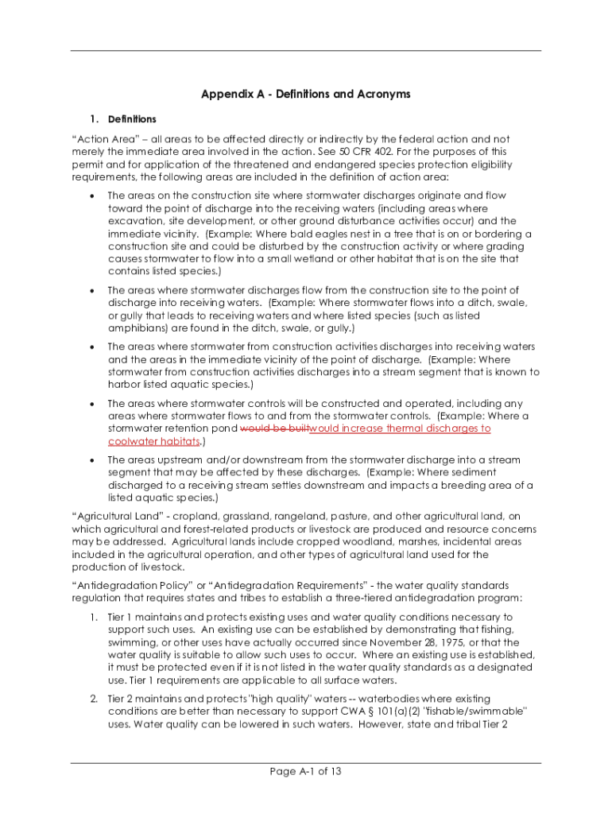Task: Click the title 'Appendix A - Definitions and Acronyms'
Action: (x=305, y=94)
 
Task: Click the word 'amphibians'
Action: (x=137, y=328)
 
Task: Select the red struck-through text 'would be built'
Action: (x=273, y=428)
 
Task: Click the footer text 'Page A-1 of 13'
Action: (x=305, y=771)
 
